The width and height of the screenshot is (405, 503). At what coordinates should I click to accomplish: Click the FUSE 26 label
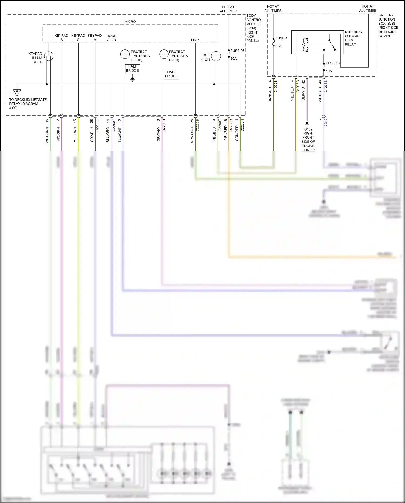(x=237, y=51)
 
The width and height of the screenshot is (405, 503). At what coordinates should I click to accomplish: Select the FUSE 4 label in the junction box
(x=281, y=38)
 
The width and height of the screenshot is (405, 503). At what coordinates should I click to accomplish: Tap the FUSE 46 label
(x=332, y=63)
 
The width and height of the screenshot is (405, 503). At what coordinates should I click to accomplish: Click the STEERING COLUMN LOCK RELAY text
(x=353, y=38)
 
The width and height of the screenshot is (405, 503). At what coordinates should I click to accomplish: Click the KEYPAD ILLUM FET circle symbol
(x=49, y=56)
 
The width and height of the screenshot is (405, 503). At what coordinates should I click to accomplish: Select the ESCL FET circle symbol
(x=216, y=56)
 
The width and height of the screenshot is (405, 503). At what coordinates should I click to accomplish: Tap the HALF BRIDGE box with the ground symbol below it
(x=132, y=69)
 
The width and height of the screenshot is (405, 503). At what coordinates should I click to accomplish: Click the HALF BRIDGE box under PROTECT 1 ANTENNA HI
(x=171, y=74)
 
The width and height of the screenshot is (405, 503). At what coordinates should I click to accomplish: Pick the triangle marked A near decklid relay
(x=17, y=92)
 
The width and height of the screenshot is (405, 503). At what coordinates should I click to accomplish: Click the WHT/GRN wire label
(x=47, y=135)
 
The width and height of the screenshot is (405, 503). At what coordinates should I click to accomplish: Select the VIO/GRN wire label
(x=58, y=134)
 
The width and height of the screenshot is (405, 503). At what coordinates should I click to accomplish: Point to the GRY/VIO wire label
(x=159, y=134)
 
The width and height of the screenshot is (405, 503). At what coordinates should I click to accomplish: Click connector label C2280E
(x=97, y=125)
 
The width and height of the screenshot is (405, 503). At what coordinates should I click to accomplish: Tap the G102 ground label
(x=308, y=129)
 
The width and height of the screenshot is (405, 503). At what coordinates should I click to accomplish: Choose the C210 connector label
(x=326, y=122)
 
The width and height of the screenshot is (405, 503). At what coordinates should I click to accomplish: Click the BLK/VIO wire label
(x=303, y=94)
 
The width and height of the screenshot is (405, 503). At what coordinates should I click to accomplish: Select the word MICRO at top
(x=130, y=22)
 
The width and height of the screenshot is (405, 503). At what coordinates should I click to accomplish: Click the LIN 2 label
(x=195, y=40)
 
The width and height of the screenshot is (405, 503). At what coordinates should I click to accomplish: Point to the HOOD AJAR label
(x=112, y=38)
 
